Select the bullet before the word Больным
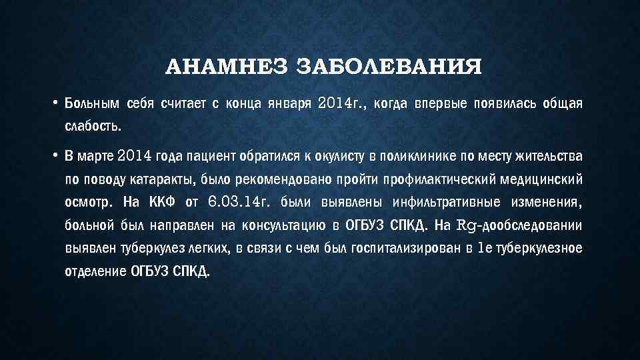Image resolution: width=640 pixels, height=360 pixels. tap(56, 103)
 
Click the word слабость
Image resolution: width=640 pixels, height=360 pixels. tap(93, 126)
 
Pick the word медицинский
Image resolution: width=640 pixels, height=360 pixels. tap(543, 180)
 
